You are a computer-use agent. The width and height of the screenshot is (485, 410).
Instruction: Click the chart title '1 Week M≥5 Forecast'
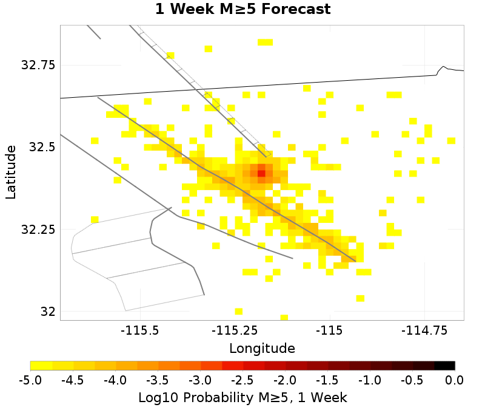242,10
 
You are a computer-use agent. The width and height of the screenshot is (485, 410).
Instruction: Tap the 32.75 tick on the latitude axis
38,66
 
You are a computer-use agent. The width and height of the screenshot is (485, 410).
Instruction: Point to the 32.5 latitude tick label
42,148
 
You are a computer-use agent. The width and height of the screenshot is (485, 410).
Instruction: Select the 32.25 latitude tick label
38,230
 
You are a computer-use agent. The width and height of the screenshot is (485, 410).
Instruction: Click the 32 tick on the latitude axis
47,312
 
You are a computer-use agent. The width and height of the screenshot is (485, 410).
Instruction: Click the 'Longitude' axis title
262,349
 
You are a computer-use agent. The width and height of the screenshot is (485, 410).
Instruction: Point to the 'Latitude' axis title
10,172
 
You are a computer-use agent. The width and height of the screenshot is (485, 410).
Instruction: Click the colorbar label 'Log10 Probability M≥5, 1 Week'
242,398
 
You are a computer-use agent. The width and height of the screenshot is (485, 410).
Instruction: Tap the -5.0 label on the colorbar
30,381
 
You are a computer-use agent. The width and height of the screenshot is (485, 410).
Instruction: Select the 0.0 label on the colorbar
455,381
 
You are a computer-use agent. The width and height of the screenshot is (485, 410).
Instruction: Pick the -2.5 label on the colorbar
242,381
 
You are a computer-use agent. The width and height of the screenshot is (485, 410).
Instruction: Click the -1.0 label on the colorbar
370,381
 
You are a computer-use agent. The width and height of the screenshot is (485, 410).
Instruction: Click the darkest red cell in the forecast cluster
261,173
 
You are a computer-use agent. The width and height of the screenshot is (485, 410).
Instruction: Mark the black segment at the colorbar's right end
444,366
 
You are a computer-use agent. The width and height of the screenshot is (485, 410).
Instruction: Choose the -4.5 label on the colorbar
73,381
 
